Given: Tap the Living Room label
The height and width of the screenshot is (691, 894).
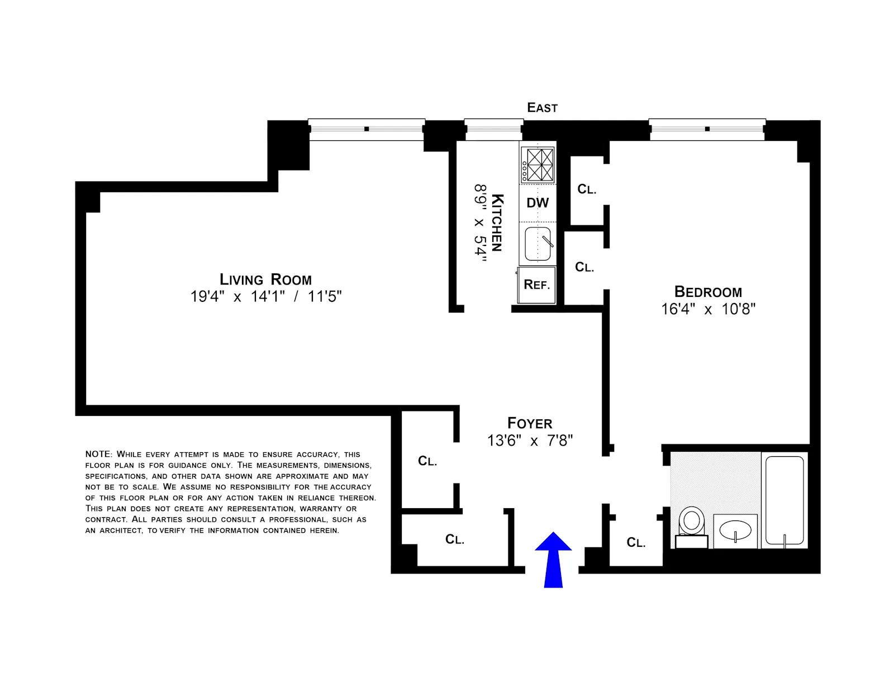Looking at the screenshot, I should tap(265, 280).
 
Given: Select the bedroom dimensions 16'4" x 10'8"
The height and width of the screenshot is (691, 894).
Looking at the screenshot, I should tap(708, 309).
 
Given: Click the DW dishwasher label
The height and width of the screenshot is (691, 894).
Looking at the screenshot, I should tap(538, 203).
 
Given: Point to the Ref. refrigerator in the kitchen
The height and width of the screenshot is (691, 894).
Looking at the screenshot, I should tap(536, 285).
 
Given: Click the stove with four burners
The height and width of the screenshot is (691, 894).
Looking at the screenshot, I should tap(538, 164).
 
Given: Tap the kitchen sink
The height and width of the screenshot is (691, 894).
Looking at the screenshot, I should tap(538, 244).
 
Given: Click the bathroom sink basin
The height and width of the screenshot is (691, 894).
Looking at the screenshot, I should tap(735, 529).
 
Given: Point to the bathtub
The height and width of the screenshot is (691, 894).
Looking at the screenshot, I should tap(784, 500).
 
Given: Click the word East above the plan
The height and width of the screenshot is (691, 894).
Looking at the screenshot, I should tap(542, 107).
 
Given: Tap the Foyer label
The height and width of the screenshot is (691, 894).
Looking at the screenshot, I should tap(530, 423).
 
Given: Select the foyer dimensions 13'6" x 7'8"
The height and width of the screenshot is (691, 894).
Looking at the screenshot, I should tap(530, 441).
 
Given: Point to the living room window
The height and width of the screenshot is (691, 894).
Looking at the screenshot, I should tap(367, 129).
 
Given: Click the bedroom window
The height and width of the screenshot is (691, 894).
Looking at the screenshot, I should tap(707, 129).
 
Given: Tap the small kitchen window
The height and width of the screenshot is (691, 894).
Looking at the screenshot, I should tap(493, 129).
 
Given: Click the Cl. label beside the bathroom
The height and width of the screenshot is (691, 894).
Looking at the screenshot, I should tap(636, 542).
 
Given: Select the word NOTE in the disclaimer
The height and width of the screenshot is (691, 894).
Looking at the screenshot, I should tap(98, 454).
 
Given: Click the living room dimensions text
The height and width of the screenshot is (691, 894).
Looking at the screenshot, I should tap(265, 297).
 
